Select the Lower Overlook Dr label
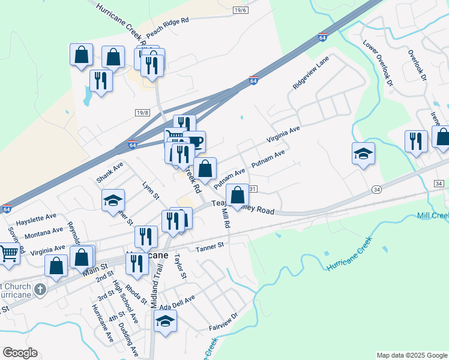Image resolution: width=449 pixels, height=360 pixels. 378,63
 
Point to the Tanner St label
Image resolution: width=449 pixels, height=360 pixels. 209,246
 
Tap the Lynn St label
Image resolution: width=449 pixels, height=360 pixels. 151,191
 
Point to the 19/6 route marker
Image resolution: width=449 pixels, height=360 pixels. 240,10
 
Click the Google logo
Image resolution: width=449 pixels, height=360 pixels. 20,353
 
